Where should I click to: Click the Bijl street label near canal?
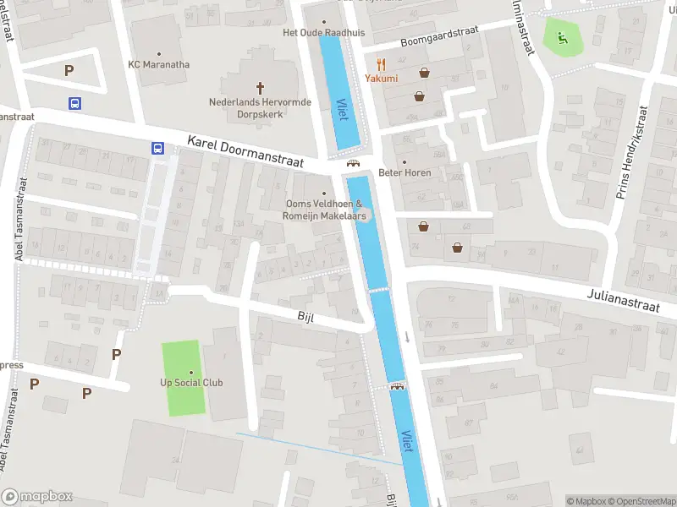point(305,316)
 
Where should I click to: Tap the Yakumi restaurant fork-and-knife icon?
point(382,63)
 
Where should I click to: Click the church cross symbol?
point(261,87)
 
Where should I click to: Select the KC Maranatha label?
point(158,64)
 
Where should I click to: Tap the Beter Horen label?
point(405,172)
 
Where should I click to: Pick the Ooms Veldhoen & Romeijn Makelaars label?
point(324,210)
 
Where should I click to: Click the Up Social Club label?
point(191,382)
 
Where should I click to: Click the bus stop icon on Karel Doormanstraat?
point(157,148)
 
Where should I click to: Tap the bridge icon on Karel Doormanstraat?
point(353,164)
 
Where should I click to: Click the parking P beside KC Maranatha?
point(69,71)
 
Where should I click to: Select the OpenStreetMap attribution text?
point(641,501)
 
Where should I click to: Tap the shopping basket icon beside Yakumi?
point(423,73)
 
